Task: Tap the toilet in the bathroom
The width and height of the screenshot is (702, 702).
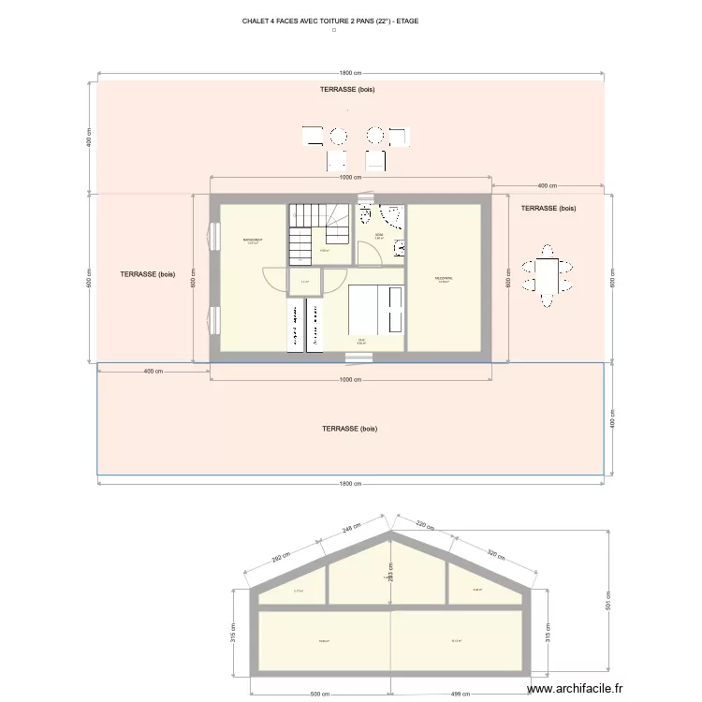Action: [x=363, y=213]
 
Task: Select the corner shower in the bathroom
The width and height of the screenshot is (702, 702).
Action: [x=393, y=216]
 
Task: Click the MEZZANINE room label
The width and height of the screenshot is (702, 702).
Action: [x=444, y=279]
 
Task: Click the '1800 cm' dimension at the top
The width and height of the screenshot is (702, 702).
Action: [x=350, y=73]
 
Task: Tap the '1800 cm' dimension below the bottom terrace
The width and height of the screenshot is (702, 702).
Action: [x=350, y=484]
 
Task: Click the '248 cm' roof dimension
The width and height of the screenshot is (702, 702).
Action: [x=351, y=529]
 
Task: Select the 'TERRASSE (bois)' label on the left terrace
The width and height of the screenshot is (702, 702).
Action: [x=148, y=274]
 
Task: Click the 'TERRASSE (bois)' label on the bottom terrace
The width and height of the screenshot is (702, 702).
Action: [x=349, y=429]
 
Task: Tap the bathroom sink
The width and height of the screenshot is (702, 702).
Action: [x=400, y=248]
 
